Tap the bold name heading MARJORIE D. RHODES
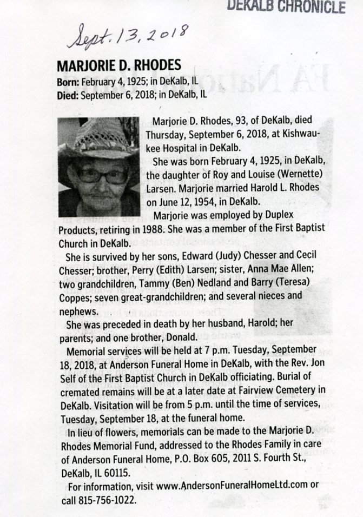tap(118, 66)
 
